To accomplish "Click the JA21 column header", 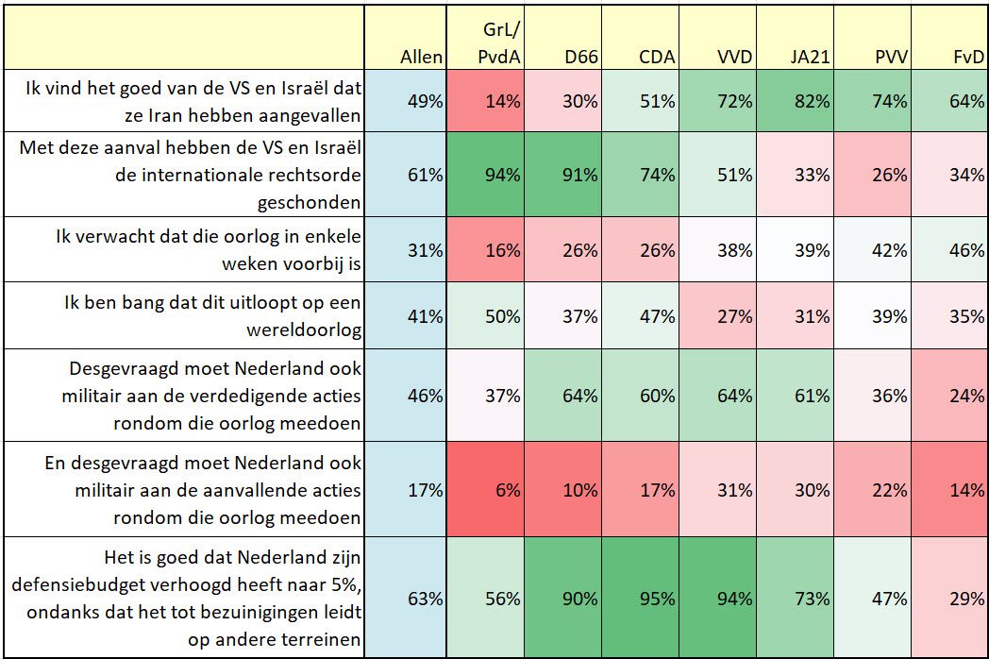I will point(810,57).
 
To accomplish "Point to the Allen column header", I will point(421,57).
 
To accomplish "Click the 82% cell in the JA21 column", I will point(811,101).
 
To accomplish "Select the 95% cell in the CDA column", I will point(656,599).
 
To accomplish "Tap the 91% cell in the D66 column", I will point(578,175).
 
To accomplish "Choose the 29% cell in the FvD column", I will point(966,599).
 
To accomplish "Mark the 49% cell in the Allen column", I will point(425,101).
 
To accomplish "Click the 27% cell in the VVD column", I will point(733,316).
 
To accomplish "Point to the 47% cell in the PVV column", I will point(888,599).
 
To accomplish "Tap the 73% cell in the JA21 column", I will point(811,599).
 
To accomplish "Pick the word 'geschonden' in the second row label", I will point(310,202).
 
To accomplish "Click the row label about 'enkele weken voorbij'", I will point(208,249).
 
